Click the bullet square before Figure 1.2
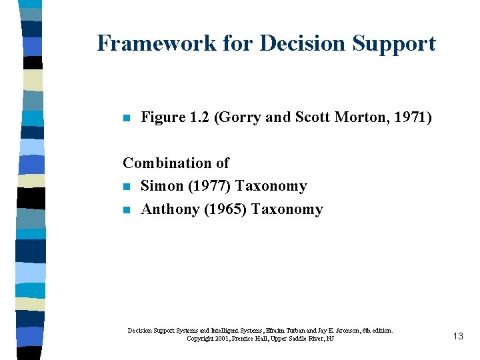tap(126, 119)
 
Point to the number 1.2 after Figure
tap(199, 118)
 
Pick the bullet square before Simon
tap(126, 187)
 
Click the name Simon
tap(161, 186)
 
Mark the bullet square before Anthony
tap(126, 211)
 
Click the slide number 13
tap(458, 336)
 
